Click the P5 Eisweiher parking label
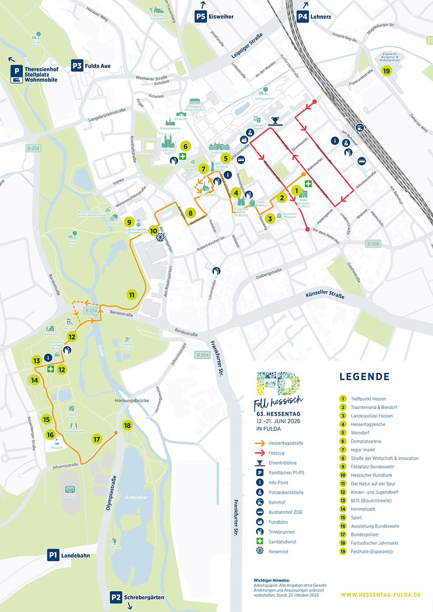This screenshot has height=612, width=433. pyautogui.click(x=214, y=17)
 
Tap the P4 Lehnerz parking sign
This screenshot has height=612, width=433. pyautogui.click(x=314, y=17)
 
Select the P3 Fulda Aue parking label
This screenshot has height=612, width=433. pyautogui.click(x=91, y=66)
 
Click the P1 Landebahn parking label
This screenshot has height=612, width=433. pyautogui.click(x=69, y=555)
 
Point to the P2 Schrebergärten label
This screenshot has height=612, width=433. pyautogui.click(x=137, y=597)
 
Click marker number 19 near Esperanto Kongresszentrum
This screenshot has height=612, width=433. pyautogui.click(x=386, y=71)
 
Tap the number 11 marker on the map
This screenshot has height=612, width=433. pyautogui.click(x=132, y=295)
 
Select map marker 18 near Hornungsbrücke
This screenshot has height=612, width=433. pyautogui.click(x=127, y=425)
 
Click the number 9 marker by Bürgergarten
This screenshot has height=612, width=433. pyautogui.click(x=129, y=222)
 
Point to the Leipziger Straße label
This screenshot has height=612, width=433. pyautogui.click(x=247, y=46)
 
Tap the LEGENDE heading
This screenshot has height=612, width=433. pyautogui.click(x=364, y=376)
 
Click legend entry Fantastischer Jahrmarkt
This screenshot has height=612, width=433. pyautogui.click(x=374, y=543)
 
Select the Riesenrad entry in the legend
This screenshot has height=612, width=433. pyautogui.click(x=278, y=552)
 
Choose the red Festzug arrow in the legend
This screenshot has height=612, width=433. pyautogui.click(x=260, y=453)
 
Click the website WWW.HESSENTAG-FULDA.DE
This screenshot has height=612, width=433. pyautogui.click(x=381, y=595)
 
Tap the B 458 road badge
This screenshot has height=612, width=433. pyautogui.click(x=373, y=244)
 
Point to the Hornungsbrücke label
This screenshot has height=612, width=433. pyautogui.click(x=132, y=400)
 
